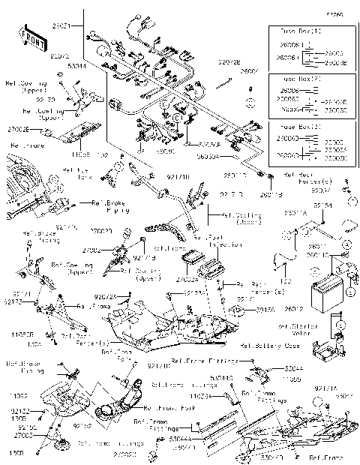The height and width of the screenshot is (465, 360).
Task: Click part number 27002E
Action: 19,129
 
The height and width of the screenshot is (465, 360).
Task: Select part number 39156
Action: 265,309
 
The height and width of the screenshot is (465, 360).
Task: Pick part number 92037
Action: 342,190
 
